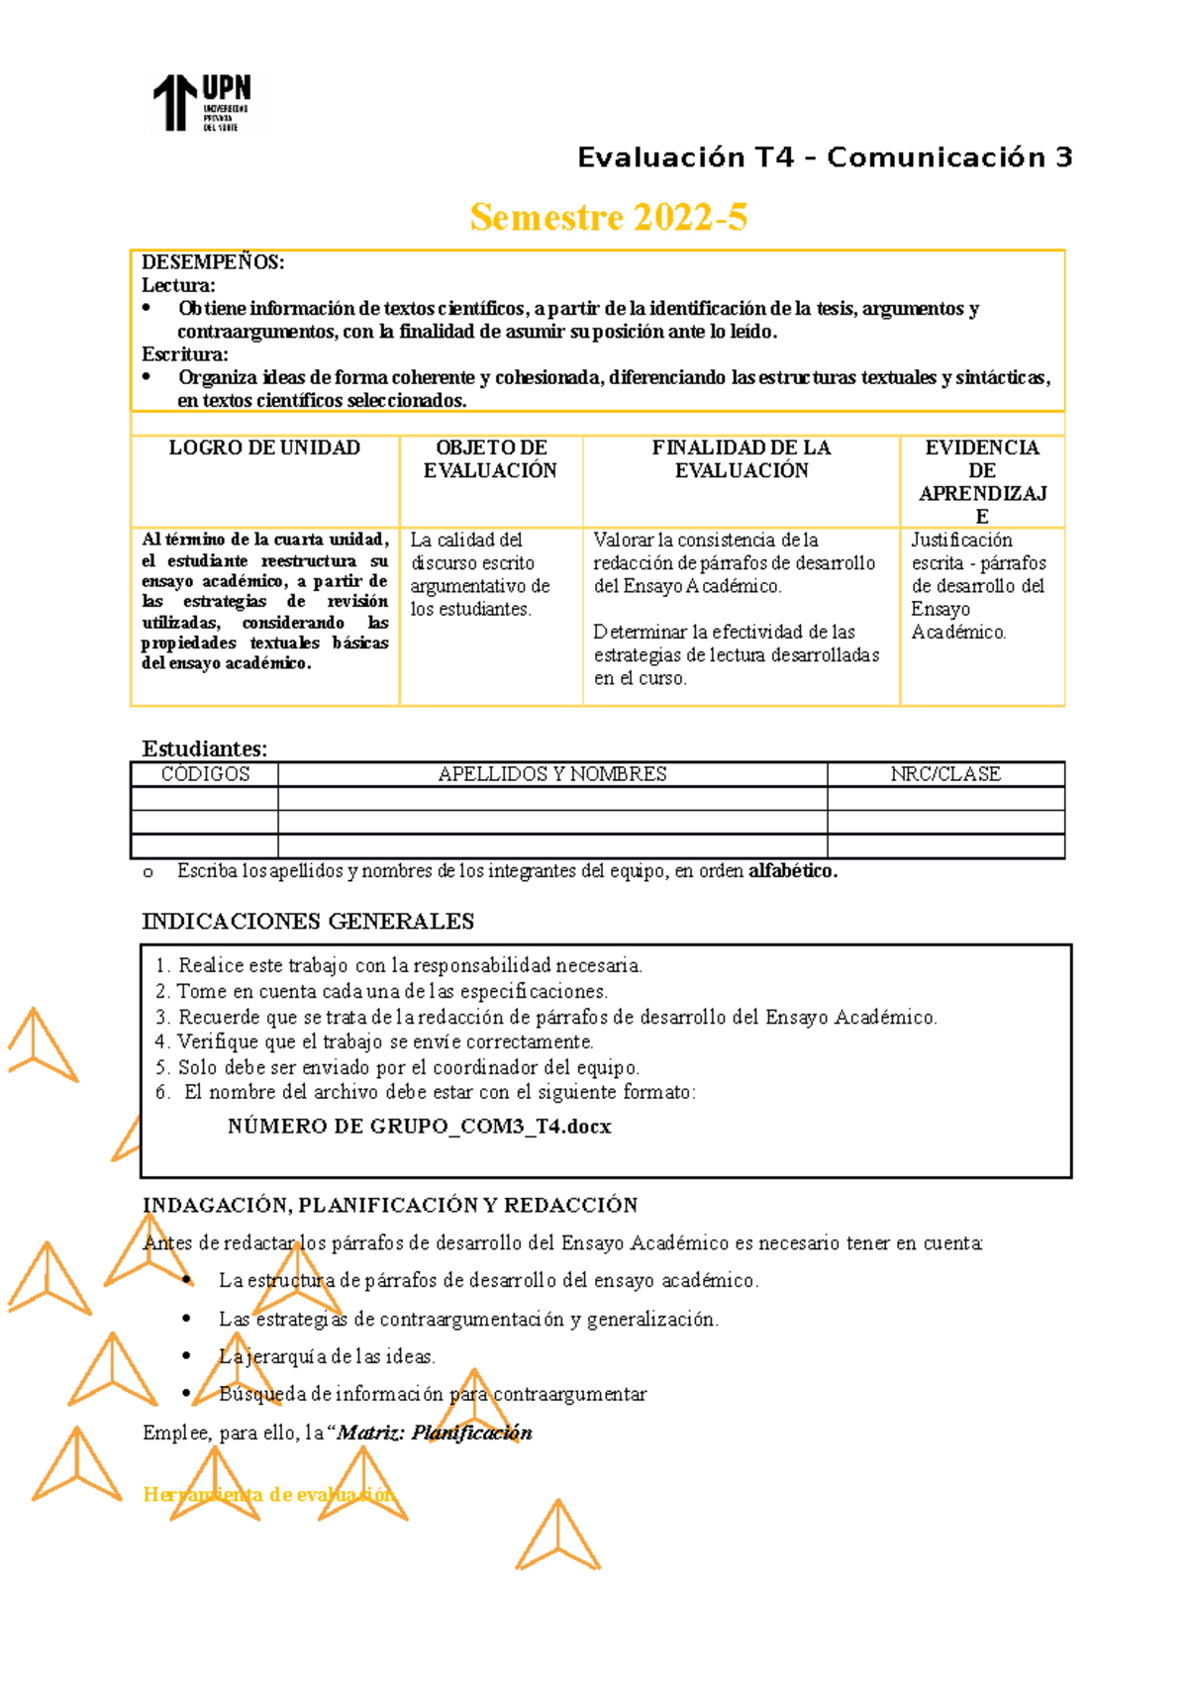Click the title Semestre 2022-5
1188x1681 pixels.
pos(608,217)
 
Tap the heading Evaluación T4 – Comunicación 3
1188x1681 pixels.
pos(825,157)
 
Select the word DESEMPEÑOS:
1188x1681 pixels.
pos(213,262)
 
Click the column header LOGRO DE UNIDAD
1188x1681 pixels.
pos(264,448)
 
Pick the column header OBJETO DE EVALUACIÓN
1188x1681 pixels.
pos(491,459)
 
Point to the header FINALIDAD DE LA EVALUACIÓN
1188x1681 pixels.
pos(742,459)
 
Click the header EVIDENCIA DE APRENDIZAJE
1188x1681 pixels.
pos(982,481)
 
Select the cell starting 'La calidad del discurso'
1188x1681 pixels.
pos(480,574)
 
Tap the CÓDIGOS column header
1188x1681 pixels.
pos(205,774)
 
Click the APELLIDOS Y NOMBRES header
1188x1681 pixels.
pos(552,774)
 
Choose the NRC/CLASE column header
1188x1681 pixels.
pos(945,774)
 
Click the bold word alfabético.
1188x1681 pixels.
pos(792,871)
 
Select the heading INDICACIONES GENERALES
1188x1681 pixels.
pos(308,922)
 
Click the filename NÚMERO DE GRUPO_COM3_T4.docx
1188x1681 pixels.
pos(419,1127)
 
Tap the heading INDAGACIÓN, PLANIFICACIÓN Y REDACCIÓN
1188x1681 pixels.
pos(390,1205)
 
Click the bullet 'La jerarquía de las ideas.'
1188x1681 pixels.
pos(327,1356)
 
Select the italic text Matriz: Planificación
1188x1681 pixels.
pos(435,1433)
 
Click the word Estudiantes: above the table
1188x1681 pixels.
pos(204,748)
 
